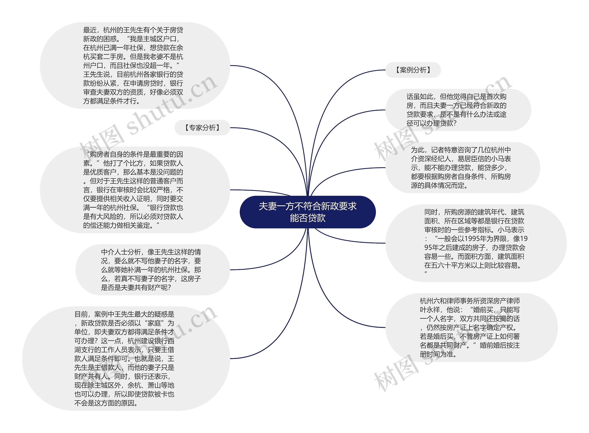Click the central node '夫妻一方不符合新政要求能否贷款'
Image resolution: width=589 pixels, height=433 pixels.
[x=307, y=212]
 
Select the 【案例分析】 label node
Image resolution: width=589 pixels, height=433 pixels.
[x=413, y=70]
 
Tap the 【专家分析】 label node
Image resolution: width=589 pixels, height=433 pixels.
[x=202, y=128]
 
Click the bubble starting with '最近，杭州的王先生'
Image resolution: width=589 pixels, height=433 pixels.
[x=135, y=66]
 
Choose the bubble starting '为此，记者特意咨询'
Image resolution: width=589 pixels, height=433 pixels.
[x=462, y=168]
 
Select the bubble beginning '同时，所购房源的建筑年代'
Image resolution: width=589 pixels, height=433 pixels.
[x=475, y=243]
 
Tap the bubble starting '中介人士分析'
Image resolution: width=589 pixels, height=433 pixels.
[x=152, y=270]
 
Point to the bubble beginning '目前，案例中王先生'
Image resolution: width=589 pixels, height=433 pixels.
[x=126, y=358]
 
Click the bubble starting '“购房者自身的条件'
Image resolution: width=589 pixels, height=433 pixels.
[x=135, y=190]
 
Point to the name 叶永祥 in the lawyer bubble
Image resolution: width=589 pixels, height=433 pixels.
[x=430, y=310]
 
